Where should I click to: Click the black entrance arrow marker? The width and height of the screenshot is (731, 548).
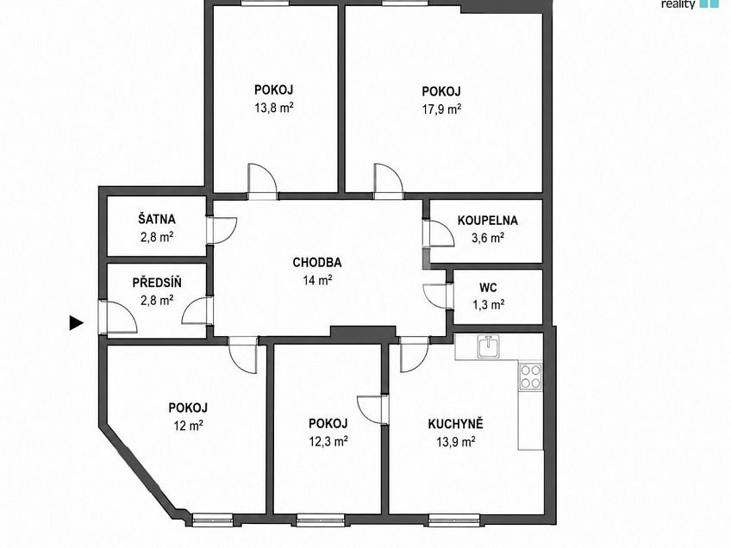click(x=76, y=322)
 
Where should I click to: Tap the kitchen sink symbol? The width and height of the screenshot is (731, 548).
click(x=488, y=346)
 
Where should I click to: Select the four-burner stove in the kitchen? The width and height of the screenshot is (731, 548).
click(x=530, y=377)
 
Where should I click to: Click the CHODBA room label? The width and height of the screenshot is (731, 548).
click(x=317, y=262)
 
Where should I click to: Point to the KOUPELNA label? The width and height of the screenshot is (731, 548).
click(x=488, y=220)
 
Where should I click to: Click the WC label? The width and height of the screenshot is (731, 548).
click(x=488, y=287)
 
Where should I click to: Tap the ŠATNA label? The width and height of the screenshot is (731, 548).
click(x=157, y=219)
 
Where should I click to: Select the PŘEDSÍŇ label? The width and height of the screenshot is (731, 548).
click(x=157, y=283)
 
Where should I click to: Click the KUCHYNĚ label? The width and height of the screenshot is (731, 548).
click(x=455, y=424)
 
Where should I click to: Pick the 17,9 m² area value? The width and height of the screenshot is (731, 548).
click(x=441, y=109)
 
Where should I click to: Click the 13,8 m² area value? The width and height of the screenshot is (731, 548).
click(x=273, y=108)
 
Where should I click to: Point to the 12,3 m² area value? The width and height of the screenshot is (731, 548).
click(x=328, y=441)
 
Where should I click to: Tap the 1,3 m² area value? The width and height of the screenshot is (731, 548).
click(x=488, y=305)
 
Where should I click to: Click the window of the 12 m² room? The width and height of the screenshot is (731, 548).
click(x=213, y=520)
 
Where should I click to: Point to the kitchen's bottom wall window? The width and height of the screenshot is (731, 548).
click(x=454, y=520)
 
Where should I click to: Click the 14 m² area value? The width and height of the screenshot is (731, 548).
click(x=317, y=280)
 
